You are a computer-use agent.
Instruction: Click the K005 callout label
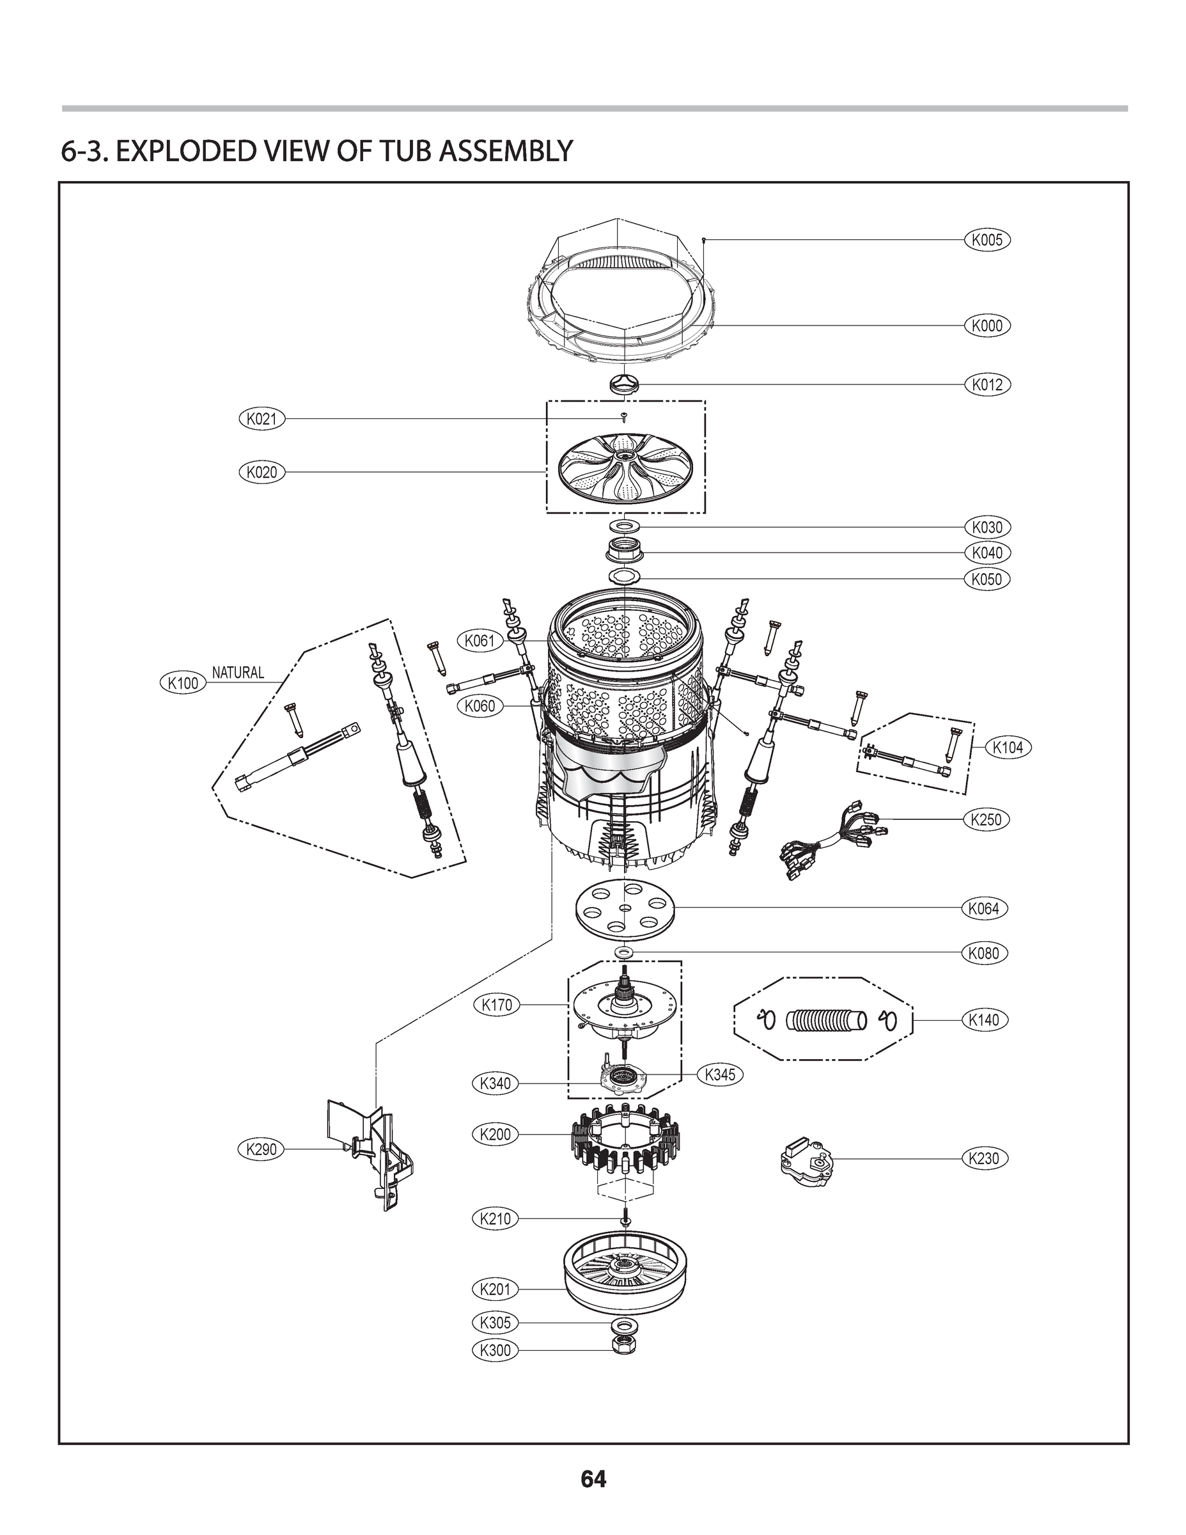(x=987, y=240)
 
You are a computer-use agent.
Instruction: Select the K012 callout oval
(x=987, y=384)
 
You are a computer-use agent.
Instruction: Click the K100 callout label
(x=183, y=682)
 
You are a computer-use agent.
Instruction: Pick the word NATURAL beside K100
(x=238, y=672)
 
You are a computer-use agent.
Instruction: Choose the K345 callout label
(x=719, y=1074)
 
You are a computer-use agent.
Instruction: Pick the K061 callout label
(x=481, y=640)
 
